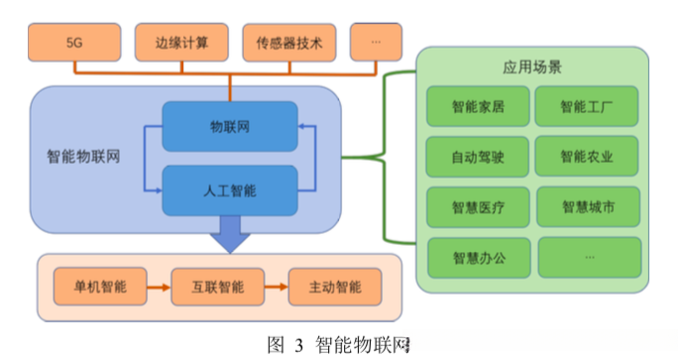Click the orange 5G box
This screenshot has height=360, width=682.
pos(73,43)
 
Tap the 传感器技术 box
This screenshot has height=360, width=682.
pos(288,43)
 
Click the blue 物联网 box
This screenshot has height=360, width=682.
pos(229,128)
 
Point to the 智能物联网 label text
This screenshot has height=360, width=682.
pos(84,156)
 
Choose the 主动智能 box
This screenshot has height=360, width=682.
pos(334,288)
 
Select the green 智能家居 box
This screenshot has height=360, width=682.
pos(478,107)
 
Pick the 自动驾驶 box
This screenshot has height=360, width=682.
pos(478,157)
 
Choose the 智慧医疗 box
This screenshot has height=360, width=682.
pos(478,207)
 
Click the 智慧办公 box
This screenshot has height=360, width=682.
pos(478,258)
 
